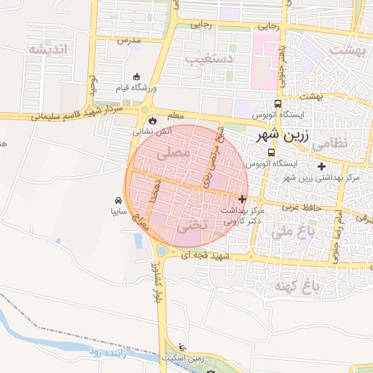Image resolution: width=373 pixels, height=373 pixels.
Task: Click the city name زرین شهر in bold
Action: coord(283,136)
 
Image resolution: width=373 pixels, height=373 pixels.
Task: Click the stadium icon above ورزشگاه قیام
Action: coord(136,77)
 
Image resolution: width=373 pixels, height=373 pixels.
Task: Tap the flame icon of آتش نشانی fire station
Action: coord(152,121)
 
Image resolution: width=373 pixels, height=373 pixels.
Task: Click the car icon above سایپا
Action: coord(118,200)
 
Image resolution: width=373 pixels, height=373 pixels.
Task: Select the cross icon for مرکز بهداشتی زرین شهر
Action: coord(321,166)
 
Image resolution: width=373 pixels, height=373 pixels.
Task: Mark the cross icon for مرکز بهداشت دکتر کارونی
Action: coord(243,198)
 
